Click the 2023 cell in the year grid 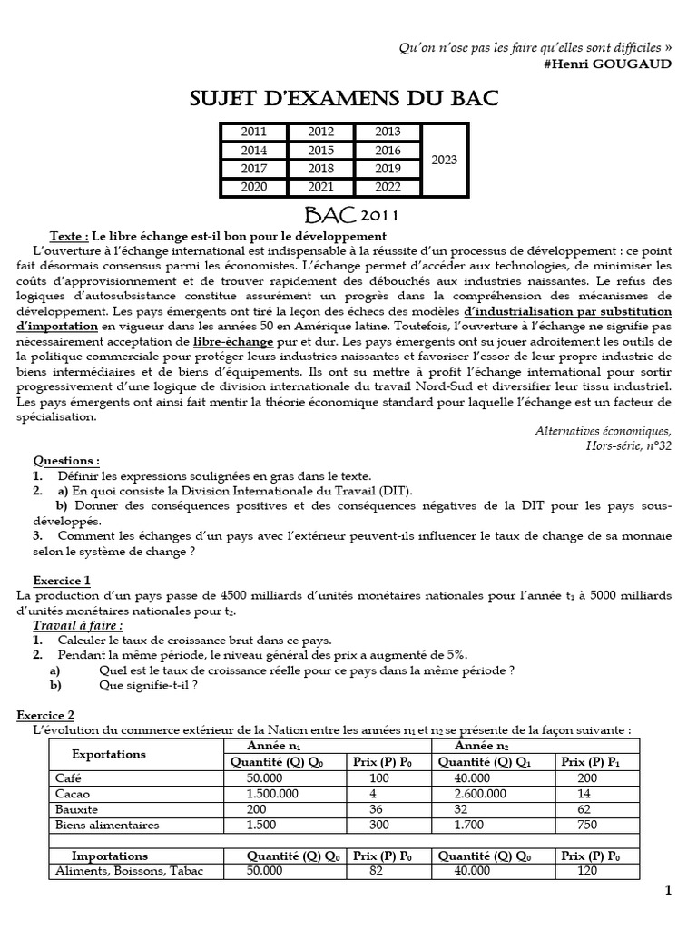[x=445, y=160]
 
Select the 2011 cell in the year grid [x=254, y=132]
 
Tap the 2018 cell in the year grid [x=320, y=169]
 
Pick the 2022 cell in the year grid [x=388, y=188]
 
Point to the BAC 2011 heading [x=348, y=216]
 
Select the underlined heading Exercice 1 [x=61, y=579]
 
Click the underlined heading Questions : [x=66, y=460]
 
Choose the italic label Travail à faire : [x=78, y=624]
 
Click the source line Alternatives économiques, [x=603, y=432]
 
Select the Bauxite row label [x=76, y=808]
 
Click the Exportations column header [x=108, y=754]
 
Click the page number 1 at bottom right [x=668, y=890]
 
